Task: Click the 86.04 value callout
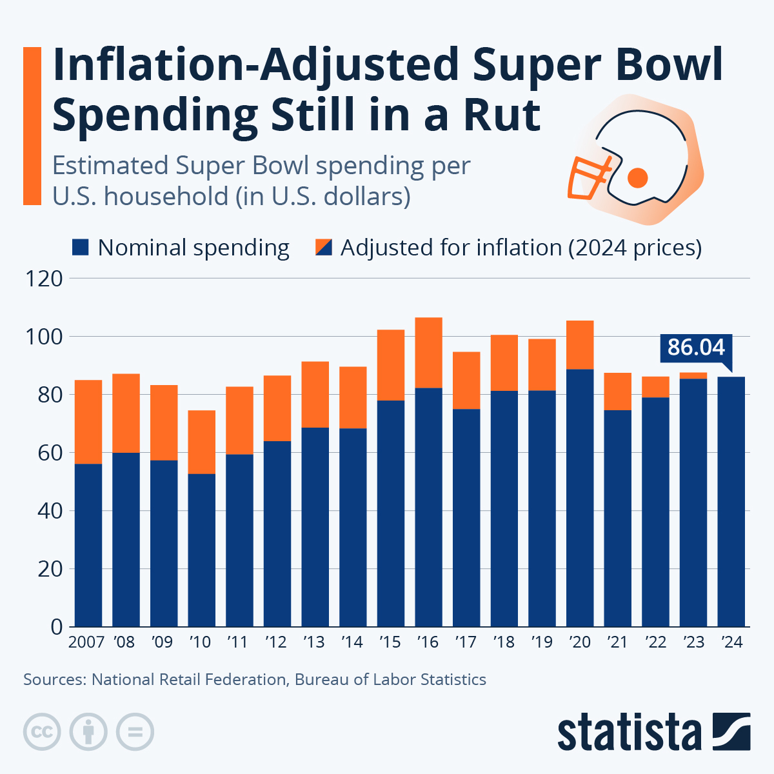click(696, 347)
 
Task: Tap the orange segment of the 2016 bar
click(428, 352)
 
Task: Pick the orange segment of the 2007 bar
click(88, 422)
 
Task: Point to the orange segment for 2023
click(693, 375)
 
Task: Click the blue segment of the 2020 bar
click(580, 497)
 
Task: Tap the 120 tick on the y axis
click(43, 279)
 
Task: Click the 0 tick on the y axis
click(56, 627)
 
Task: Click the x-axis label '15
click(390, 642)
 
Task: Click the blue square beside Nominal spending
click(80, 248)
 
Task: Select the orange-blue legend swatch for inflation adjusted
click(323, 248)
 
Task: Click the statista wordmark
click(629, 733)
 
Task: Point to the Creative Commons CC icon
click(42, 732)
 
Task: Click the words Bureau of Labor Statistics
click(390, 679)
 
